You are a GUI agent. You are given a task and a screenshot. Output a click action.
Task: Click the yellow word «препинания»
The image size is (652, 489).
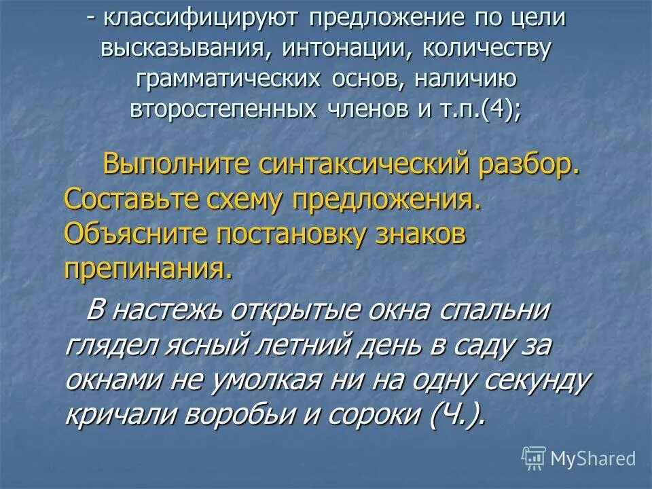click(x=148, y=270)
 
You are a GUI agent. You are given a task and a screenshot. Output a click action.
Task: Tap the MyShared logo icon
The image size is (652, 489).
click(x=533, y=458)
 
